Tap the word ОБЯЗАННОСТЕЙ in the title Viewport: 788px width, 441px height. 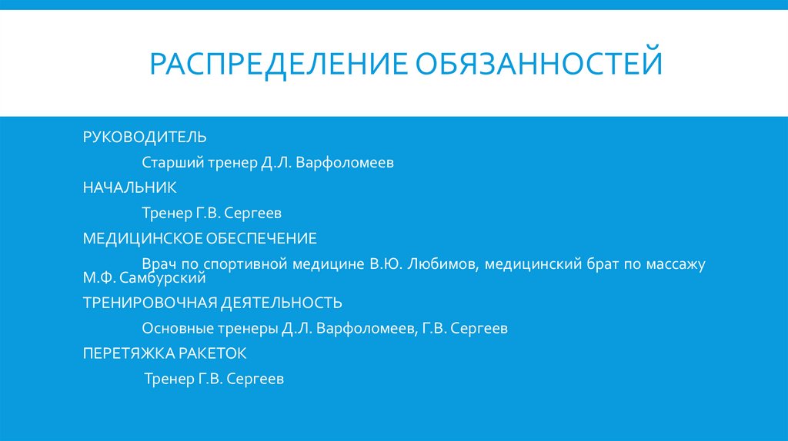pos(538,64)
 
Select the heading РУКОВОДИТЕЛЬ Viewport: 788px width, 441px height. pos(145,138)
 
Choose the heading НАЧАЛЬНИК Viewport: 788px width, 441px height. pos(130,187)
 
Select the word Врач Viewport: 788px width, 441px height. pos(158,264)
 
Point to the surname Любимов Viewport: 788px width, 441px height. pos(442,264)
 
